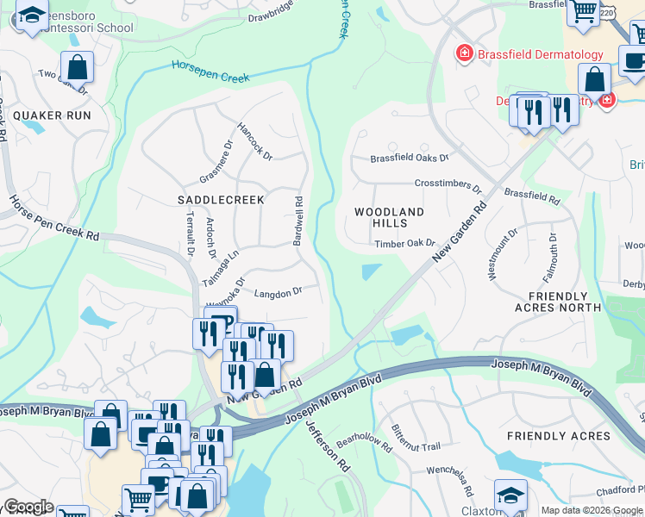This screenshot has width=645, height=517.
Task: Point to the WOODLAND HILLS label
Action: pos(390,217)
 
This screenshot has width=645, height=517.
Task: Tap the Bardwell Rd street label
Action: pos(297,221)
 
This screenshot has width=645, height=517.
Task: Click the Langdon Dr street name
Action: pos(278,292)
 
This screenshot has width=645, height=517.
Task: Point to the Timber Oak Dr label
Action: pos(404,244)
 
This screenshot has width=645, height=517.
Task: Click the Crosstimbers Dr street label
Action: pos(448,184)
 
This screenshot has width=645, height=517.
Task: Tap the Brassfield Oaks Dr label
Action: pos(410,159)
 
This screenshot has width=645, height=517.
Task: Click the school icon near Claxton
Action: pos(511,493)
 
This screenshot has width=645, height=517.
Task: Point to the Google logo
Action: pos(28,507)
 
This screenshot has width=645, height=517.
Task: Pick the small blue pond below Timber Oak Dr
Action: pos(371,272)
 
